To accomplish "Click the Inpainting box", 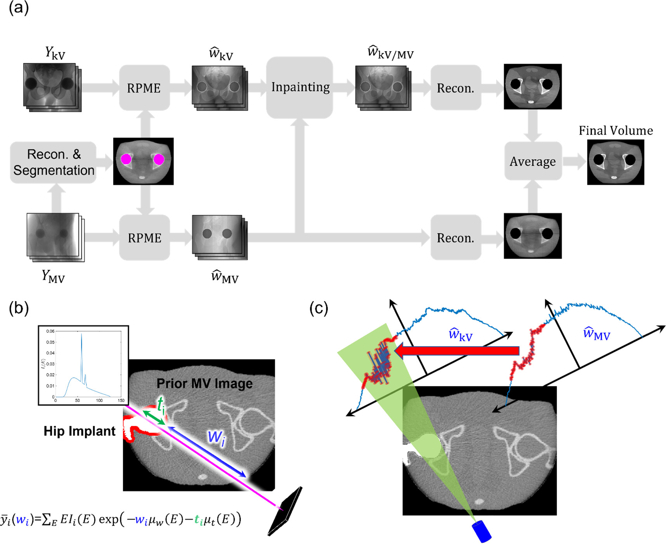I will (x=300, y=87).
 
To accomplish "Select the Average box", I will (x=532, y=161).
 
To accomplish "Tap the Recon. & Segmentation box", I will (x=54, y=162).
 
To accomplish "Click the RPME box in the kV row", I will (x=144, y=88).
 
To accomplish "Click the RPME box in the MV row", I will (x=144, y=238).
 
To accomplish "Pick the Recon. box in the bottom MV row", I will (x=456, y=238).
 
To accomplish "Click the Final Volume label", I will (x=616, y=130).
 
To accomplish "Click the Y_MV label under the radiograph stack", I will (x=53, y=276).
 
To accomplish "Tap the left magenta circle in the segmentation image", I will (x=126, y=159).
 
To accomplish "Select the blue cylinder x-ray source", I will (x=481, y=531).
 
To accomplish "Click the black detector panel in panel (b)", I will (x=285, y=511).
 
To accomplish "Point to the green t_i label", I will (x=161, y=405).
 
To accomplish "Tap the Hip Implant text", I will (x=79, y=431).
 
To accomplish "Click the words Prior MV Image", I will (x=205, y=384).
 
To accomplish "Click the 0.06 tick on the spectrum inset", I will (x=50, y=331).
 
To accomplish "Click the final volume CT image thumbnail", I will (x=615, y=162).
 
